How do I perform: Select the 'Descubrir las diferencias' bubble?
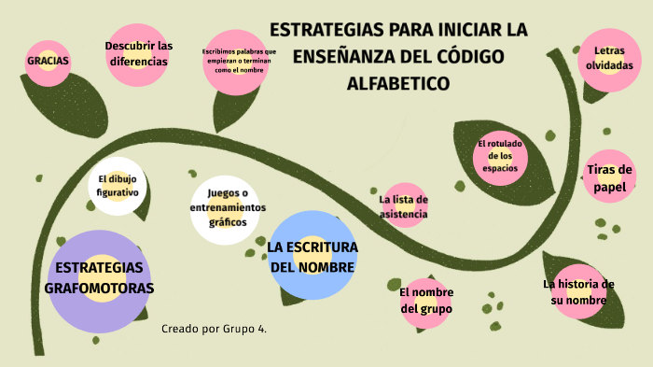point(138,54)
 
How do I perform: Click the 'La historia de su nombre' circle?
point(579,291)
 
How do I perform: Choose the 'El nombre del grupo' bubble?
point(426,300)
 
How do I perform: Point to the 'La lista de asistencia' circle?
point(404,206)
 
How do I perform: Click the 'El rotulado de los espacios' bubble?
point(500,156)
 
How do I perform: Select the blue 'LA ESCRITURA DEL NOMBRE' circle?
point(313,256)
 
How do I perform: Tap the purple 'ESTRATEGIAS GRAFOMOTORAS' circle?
point(98,278)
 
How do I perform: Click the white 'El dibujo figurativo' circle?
point(118,185)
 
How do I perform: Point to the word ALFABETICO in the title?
point(398,83)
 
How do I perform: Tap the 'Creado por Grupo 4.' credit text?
point(214,329)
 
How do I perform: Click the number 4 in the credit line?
point(262,329)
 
